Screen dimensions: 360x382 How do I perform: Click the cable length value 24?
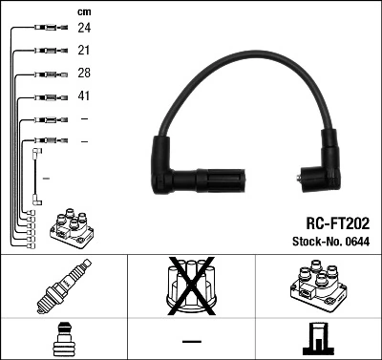(84, 30)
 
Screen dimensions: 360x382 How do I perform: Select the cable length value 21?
(84, 52)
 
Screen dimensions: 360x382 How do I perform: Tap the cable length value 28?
(84, 74)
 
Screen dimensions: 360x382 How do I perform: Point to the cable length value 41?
(84, 96)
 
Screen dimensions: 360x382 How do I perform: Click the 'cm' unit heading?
(83, 11)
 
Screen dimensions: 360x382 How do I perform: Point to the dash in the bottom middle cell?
(191, 341)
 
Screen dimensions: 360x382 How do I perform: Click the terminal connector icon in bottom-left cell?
(64, 339)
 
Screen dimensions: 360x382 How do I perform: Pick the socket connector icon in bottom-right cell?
(318, 339)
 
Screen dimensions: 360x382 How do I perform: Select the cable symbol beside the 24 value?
(46, 30)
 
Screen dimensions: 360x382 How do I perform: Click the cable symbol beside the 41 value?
(46, 96)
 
